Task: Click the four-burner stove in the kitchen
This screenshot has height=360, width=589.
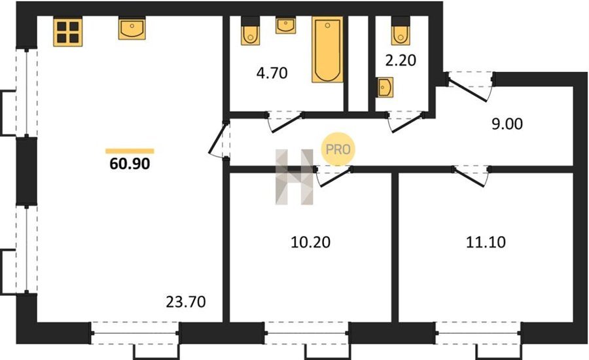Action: [x=67, y=32]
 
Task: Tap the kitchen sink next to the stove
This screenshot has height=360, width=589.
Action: [x=132, y=28]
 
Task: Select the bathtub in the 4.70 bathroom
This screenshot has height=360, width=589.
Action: [x=327, y=49]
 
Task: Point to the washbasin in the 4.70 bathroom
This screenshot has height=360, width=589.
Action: [x=285, y=25]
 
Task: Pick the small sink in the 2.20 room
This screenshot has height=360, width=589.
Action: [x=385, y=87]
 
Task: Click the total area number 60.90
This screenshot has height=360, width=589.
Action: [x=130, y=164]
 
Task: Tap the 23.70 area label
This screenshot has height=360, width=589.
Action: [x=186, y=302]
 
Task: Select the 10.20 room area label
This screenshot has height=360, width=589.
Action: [x=311, y=242]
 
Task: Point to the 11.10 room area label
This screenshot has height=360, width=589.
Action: [x=486, y=242]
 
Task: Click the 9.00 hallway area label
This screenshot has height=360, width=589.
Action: [x=507, y=124]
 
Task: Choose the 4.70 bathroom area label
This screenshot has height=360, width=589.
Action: [x=272, y=73]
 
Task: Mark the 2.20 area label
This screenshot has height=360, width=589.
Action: [x=401, y=60]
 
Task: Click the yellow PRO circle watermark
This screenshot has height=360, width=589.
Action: [x=338, y=149]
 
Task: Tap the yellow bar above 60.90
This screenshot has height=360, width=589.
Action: [x=130, y=151]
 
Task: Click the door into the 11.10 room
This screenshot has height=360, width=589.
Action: [x=471, y=176]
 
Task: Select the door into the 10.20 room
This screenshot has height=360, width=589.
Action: [x=334, y=176]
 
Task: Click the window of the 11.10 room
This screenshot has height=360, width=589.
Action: [x=478, y=333]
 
